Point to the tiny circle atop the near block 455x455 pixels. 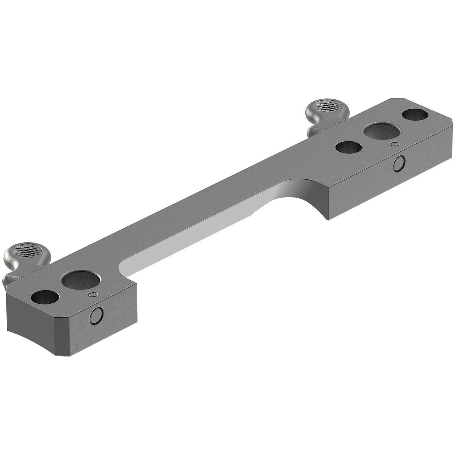click(x=92, y=295)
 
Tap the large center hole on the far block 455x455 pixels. click(x=382, y=132)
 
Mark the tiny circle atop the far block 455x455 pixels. click(x=395, y=144)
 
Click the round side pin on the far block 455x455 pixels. click(x=398, y=163)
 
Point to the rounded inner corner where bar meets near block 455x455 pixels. click(x=123, y=265)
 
